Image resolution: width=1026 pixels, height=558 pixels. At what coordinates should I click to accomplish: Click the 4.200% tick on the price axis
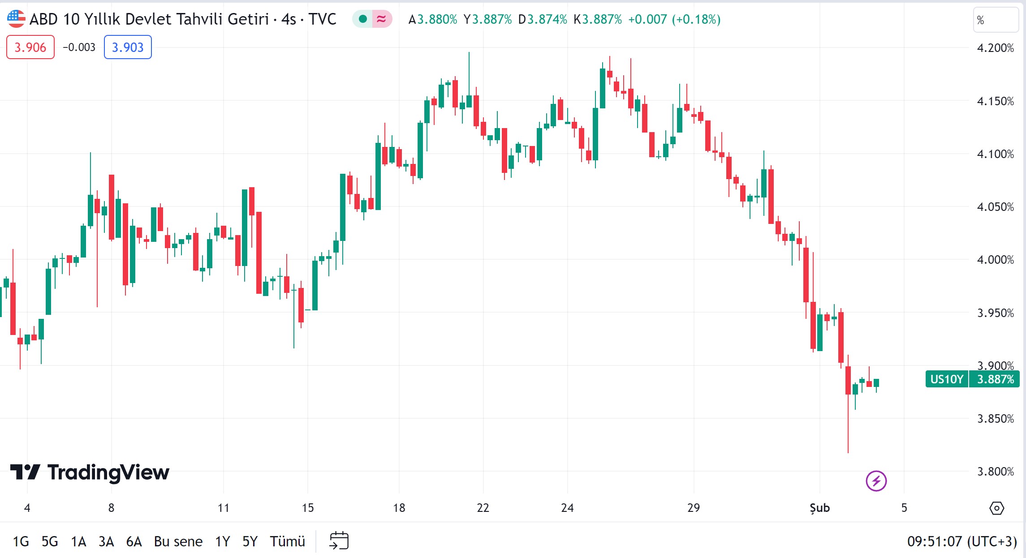tap(995, 48)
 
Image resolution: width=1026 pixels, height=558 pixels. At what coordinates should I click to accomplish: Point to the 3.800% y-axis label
tap(995, 472)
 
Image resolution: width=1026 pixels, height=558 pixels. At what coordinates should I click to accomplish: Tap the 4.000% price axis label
tap(995, 260)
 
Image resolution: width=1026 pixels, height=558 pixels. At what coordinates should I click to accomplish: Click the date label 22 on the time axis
tap(483, 508)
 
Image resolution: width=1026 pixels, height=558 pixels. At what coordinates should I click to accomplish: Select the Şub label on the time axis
tap(819, 508)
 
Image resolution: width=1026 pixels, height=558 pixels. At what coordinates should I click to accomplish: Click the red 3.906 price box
tap(30, 47)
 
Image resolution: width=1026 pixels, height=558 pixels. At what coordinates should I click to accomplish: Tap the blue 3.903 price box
tap(128, 47)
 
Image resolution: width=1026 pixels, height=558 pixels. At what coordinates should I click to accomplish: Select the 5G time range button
tap(50, 541)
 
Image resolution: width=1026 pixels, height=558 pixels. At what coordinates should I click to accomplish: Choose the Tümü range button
tap(287, 541)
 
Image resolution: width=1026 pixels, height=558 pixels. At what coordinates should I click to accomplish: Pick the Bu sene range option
tap(178, 541)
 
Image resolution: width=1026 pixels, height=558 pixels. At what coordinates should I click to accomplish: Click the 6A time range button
tap(134, 541)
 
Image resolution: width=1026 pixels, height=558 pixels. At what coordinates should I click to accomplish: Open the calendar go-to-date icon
tap(339, 541)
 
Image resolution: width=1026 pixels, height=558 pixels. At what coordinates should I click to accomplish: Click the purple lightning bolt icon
tap(876, 481)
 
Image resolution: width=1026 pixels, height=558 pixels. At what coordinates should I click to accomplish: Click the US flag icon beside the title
tap(16, 19)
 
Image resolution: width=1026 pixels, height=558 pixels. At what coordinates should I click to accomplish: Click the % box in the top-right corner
tap(996, 20)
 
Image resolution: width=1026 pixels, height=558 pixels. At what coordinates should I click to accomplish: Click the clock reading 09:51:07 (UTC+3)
tap(961, 541)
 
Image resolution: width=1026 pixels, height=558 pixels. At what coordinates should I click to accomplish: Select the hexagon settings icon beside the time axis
tap(996, 508)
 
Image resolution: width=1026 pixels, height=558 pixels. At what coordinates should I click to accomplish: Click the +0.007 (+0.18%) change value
tap(674, 19)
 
